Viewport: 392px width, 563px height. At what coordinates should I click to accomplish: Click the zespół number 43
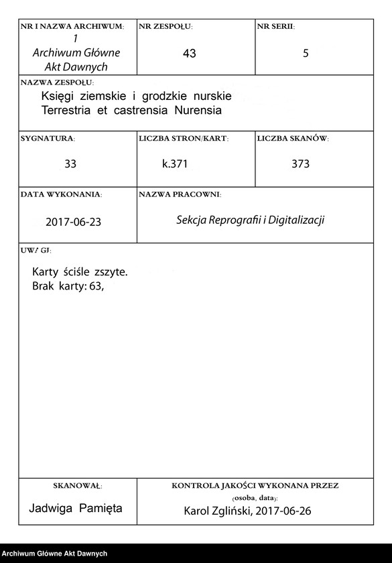189,54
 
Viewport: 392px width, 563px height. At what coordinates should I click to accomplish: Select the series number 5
306,54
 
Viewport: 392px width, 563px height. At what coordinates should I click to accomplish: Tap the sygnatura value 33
70,164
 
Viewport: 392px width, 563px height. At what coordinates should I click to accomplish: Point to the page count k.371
175,164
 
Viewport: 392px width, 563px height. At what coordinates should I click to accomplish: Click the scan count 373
301,164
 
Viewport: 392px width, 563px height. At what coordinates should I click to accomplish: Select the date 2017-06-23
74,221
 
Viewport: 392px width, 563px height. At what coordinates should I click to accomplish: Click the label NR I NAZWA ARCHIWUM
72,27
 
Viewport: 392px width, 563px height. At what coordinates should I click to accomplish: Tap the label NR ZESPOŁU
166,27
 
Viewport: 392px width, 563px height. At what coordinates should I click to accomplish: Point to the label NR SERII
275,27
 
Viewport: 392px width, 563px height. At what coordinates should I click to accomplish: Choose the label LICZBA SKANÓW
292,138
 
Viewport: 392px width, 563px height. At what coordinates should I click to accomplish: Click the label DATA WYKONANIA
61,194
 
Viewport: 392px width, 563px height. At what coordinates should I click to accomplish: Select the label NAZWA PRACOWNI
180,194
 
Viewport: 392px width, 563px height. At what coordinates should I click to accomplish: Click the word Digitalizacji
296,220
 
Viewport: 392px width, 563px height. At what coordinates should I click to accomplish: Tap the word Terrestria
68,110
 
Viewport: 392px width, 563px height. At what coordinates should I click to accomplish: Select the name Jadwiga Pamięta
76,508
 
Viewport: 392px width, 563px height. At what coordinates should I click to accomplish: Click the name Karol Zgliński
216,511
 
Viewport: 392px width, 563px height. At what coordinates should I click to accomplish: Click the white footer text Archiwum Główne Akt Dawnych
55,553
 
